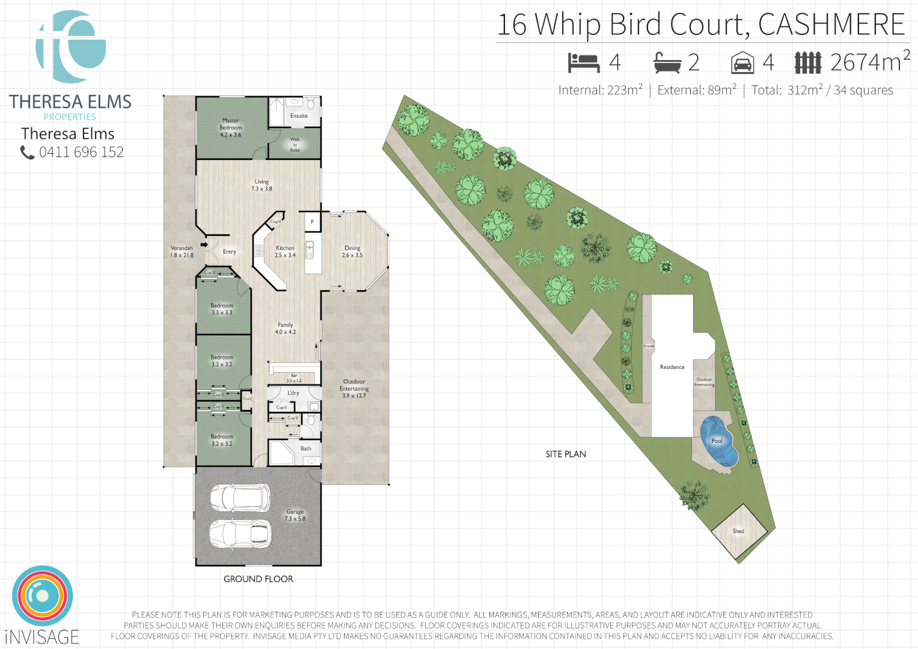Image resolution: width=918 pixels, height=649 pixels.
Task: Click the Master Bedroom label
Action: [x=230, y=127]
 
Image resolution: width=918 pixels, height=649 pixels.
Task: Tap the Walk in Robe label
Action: [x=295, y=145]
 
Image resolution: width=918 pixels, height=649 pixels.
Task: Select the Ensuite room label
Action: [x=299, y=116]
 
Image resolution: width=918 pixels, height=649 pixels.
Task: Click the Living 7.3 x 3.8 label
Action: [x=262, y=185]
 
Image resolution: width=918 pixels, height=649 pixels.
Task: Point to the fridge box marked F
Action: [x=312, y=222]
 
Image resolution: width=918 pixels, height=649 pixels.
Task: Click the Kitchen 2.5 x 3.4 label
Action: [x=285, y=251]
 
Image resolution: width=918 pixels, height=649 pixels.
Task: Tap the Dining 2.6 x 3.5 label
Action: [x=352, y=251]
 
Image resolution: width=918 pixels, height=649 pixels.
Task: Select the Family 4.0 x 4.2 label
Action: [x=285, y=328]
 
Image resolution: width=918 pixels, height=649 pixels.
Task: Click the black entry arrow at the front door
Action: [x=204, y=245]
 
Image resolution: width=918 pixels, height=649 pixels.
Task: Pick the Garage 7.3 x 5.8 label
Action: [x=295, y=515]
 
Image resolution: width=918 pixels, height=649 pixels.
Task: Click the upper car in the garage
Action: [x=239, y=497]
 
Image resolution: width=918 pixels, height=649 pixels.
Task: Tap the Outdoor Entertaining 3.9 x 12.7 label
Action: [x=354, y=388]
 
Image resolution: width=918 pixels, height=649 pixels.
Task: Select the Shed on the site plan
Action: [x=739, y=531]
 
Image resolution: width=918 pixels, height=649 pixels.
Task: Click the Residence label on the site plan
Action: [x=672, y=367]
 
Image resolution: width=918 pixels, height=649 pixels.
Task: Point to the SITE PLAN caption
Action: [x=566, y=454]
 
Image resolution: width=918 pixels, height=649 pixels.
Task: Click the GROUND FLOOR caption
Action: [x=259, y=579]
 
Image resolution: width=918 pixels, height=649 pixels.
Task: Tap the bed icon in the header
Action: [x=583, y=62]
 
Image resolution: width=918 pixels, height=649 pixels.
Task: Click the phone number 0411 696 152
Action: [x=81, y=153]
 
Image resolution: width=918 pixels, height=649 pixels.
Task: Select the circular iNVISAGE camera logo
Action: [x=42, y=596]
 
